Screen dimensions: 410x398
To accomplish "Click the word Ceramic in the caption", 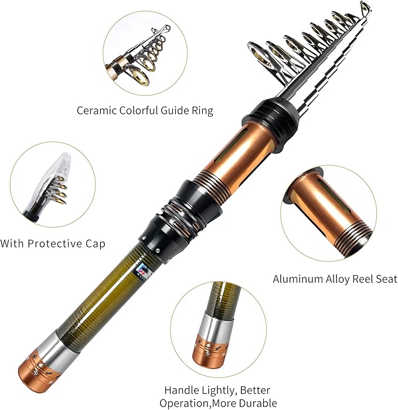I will [96, 110].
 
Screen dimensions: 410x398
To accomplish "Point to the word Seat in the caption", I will [380, 279].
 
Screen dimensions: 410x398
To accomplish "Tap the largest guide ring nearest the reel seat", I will [259, 56].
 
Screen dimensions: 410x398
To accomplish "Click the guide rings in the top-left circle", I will [143, 56].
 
